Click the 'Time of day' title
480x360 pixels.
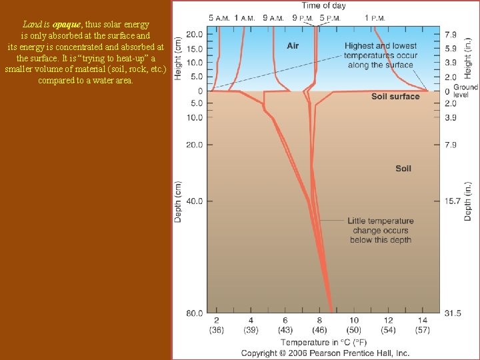[324, 6]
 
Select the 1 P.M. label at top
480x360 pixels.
[378, 18]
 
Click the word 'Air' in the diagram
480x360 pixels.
[293, 46]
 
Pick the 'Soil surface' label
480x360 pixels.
[395, 97]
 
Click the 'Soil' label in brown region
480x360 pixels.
[403, 169]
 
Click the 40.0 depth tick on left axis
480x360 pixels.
[195, 201]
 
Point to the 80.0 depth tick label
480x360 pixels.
[195, 313]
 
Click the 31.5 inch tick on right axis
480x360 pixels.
[454, 313]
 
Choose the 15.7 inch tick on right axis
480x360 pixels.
[453, 201]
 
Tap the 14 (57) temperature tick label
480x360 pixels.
[423, 325]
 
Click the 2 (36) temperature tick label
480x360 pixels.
[217, 325]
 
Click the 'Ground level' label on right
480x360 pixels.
[465, 91]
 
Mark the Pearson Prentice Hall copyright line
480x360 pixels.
[325, 353]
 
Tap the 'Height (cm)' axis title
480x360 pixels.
[179, 58]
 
